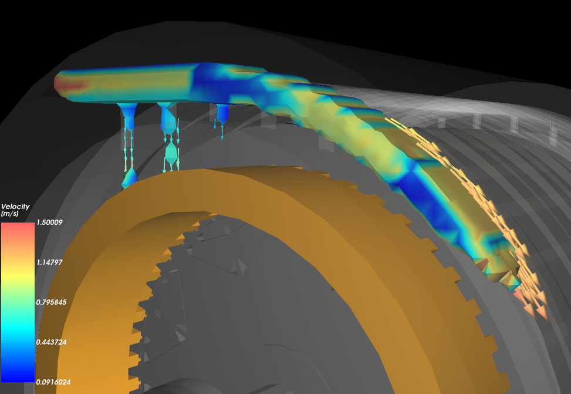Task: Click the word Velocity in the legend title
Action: (x=15, y=207)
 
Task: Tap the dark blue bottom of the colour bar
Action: (x=18, y=376)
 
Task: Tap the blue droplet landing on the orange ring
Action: (x=129, y=177)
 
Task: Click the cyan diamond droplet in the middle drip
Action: (x=171, y=154)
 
